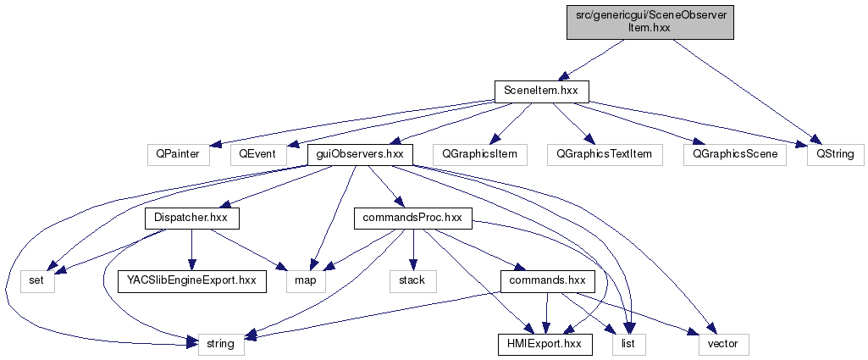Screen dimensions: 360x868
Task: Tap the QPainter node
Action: click(176, 155)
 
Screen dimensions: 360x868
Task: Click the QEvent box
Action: click(254, 155)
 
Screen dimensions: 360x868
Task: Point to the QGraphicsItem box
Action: click(479, 155)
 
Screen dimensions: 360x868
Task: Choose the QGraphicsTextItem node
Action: click(604, 155)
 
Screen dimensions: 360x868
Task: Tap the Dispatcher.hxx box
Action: click(191, 219)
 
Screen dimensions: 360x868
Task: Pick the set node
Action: click(37, 280)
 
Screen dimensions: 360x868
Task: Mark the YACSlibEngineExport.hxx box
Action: click(192, 280)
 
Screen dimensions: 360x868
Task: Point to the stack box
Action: click(412, 280)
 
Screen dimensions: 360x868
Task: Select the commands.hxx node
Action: click(547, 280)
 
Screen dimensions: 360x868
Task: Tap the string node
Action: click(222, 344)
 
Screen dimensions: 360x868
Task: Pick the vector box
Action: click(723, 344)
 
